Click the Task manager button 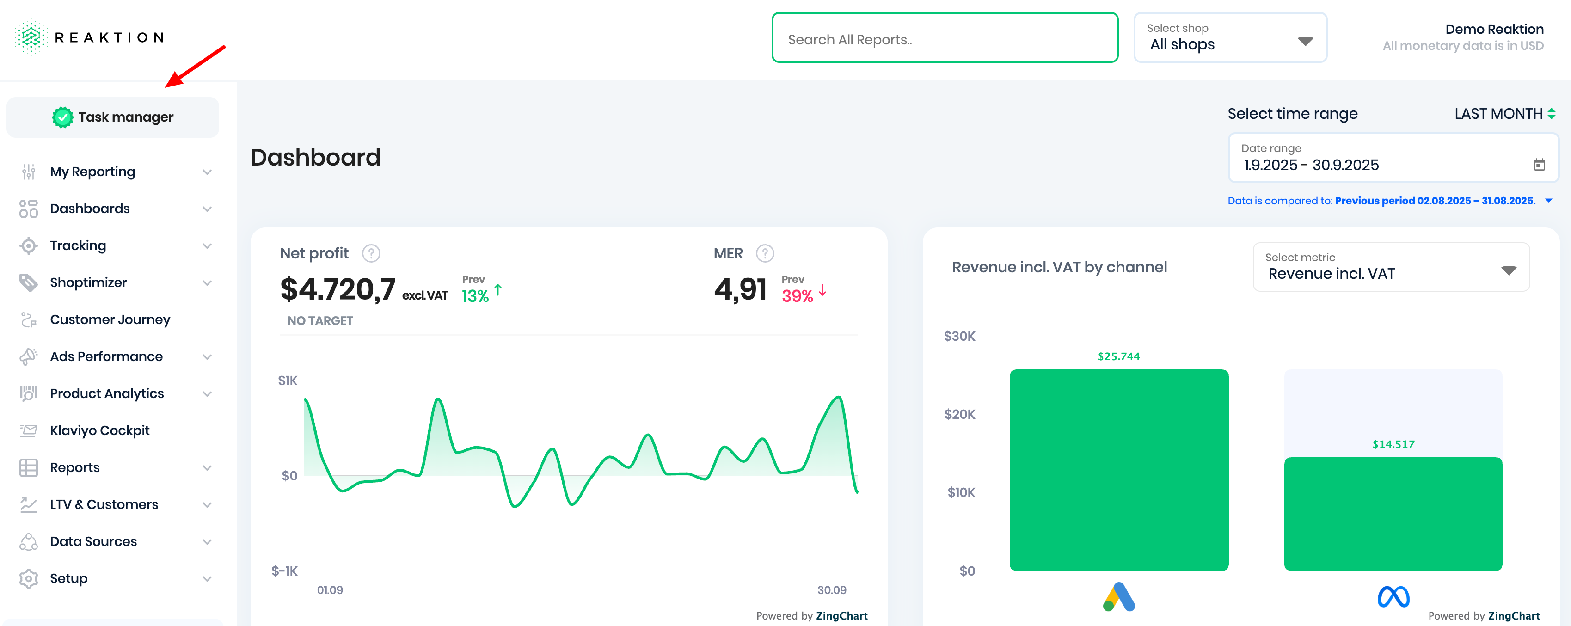[113, 117]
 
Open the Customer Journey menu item [110, 320]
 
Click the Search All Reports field [944, 38]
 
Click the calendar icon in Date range [1539, 164]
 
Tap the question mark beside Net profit [371, 253]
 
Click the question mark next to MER [765, 253]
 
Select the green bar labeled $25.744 [1118, 470]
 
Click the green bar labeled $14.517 [1393, 514]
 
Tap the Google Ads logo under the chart [1118, 597]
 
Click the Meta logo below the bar [1393, 597]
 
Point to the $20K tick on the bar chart [959, 414]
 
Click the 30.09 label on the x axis [831, 590]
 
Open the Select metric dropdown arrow [1508, 270]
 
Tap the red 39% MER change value [797, 296]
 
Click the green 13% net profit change [475, 296]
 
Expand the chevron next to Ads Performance [207, 357]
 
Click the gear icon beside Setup [29, 578]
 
